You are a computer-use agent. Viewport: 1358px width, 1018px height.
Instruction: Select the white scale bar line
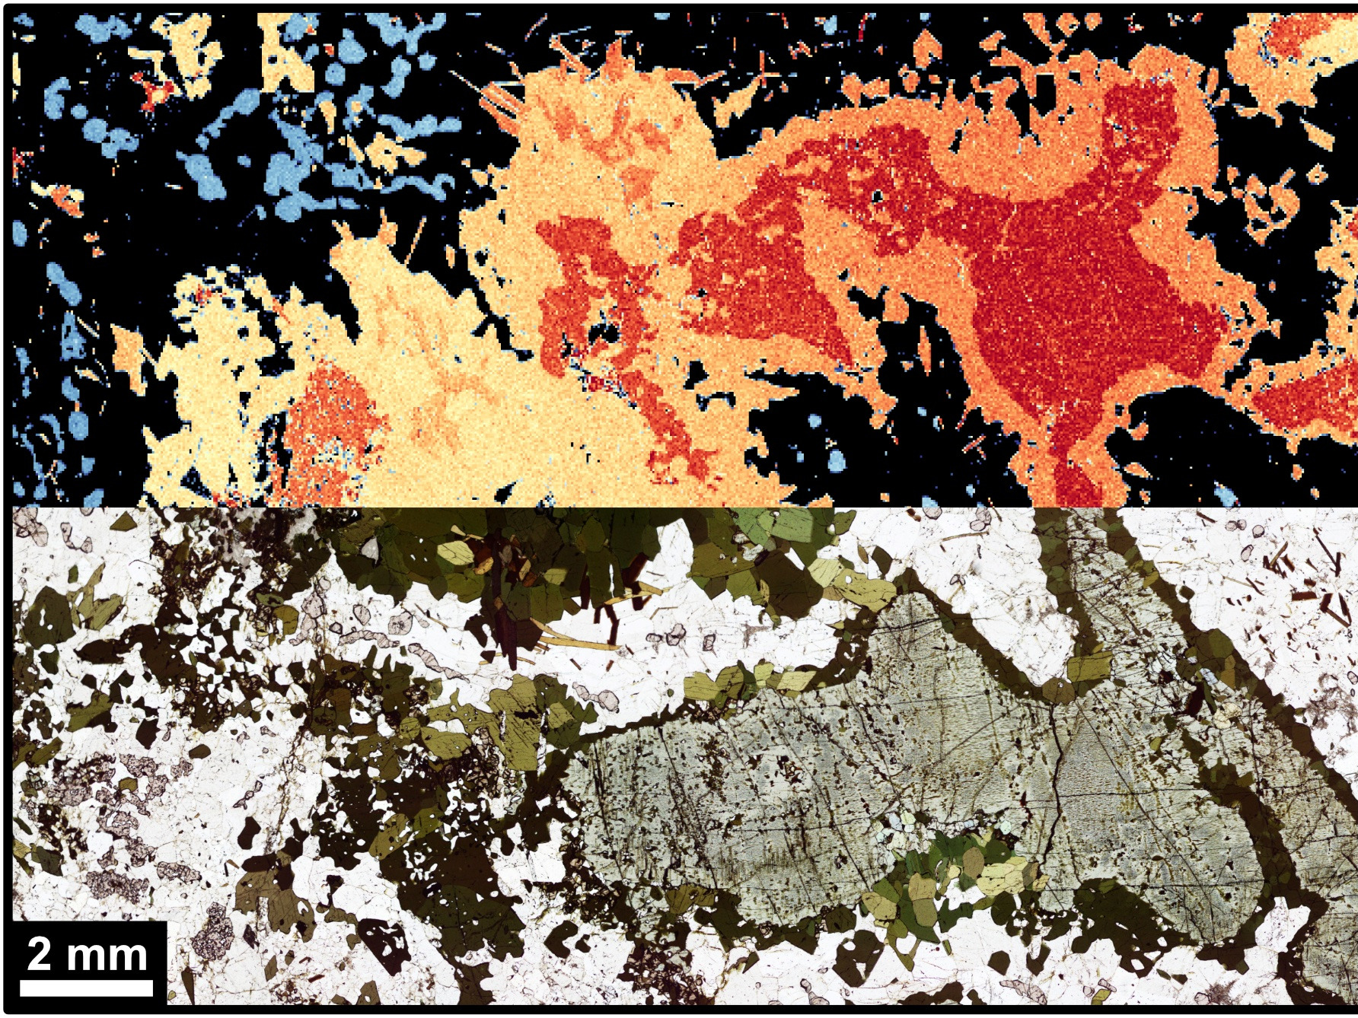[85, 988]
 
